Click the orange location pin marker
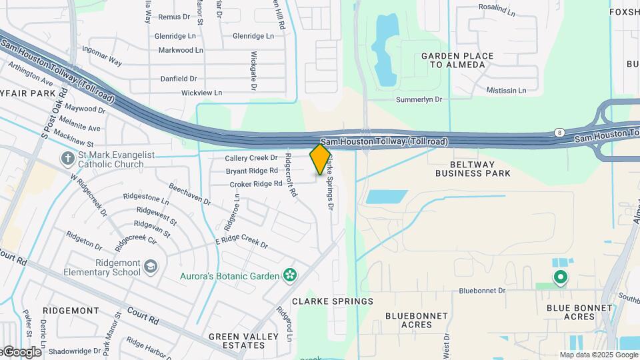pos(321,159)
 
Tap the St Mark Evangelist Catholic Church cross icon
pos(67,159)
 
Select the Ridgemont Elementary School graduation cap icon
pos(151,267)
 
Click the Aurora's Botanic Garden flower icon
pos(289,275)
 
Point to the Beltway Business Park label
pos(473,168)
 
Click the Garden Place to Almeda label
pos(457,60)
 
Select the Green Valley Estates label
pos(237,341)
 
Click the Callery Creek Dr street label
pos(251,158)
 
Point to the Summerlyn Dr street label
pos(419,99)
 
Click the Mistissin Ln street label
pos(507,90)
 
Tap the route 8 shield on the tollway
pos(559,133)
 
